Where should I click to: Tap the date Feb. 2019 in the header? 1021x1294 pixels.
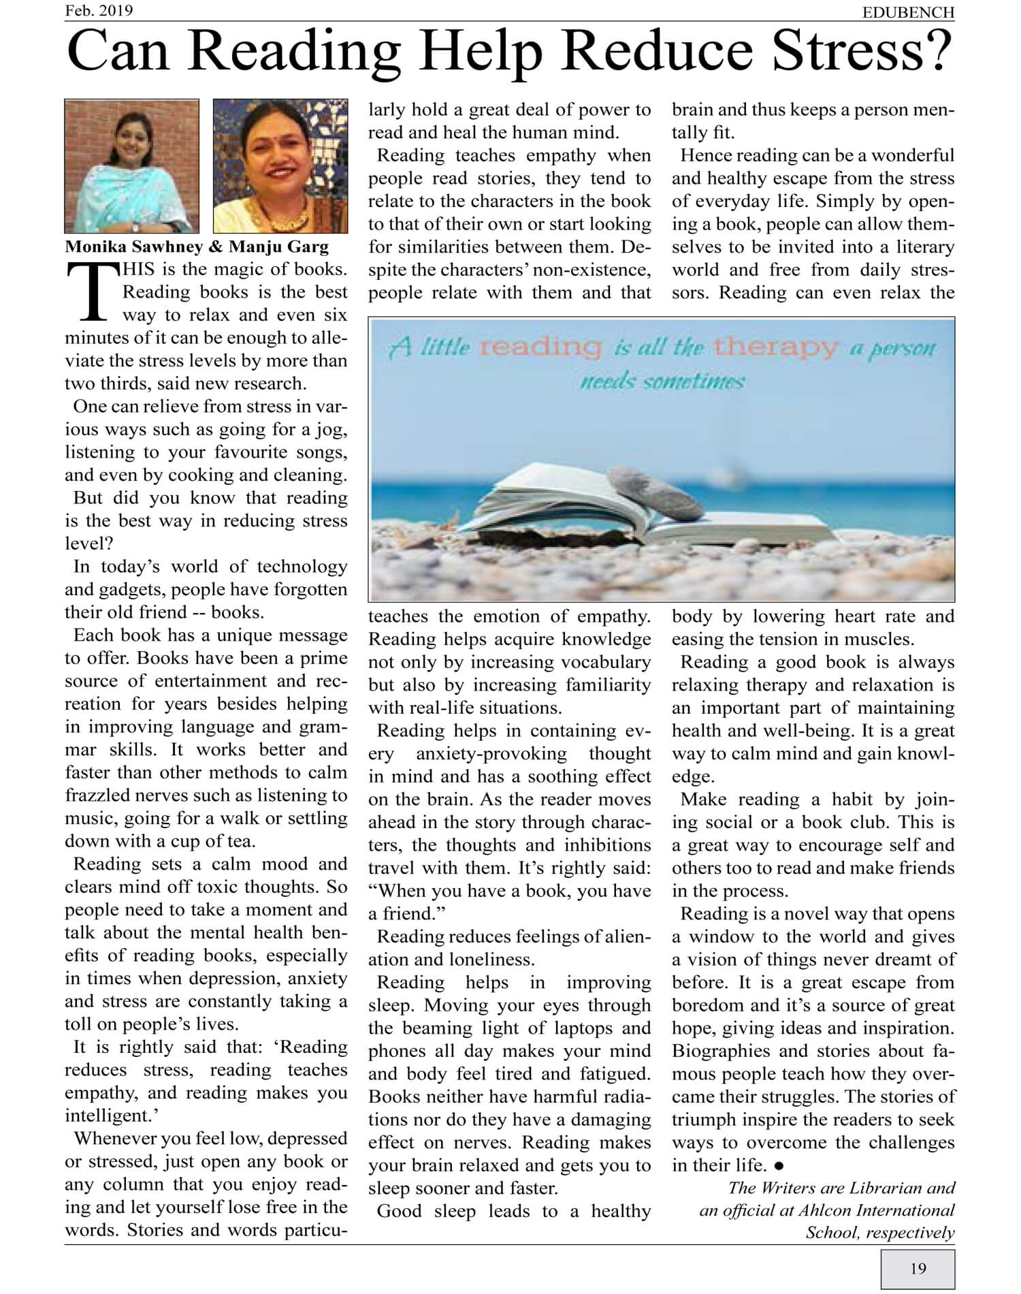tap(99, 10)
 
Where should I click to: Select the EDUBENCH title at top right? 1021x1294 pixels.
tap(908, 12)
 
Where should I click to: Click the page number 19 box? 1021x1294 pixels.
tap(918, 1268)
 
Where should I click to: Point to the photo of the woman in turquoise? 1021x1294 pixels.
tap(131, 166)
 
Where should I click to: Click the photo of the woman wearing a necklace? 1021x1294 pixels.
tap(280, 166)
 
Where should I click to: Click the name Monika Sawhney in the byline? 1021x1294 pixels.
tap(137, 247)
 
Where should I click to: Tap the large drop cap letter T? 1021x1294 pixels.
tap(93, 293)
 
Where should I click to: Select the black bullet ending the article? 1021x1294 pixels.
tap(779, 1166)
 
